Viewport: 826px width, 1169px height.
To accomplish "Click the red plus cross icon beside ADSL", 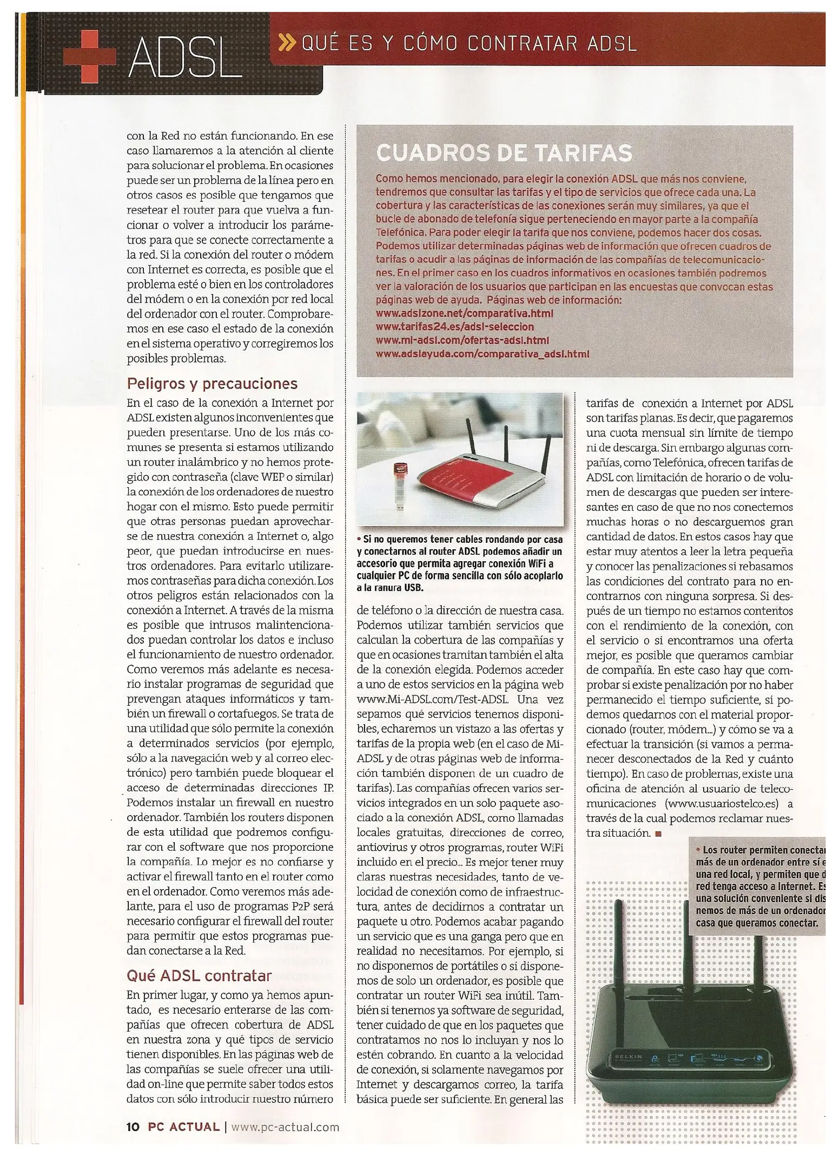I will (89, 56).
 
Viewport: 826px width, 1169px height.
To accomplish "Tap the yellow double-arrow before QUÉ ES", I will (288, 43).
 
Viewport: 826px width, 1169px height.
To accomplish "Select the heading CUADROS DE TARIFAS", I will (504, 153).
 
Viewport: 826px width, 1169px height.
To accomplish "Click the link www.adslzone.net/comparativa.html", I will (465, 313).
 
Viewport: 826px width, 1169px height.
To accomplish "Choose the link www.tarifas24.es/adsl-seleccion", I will (454, 327).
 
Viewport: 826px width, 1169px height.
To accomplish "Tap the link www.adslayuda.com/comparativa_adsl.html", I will (482, 354).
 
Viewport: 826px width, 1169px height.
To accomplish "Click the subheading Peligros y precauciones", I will (212, 384).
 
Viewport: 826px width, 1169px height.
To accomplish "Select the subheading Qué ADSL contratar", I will (199, 976).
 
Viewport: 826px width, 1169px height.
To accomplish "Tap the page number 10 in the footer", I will (133, 1127).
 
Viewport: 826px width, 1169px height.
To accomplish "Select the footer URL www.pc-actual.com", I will (285, 1127).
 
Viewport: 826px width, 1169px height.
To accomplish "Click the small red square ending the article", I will (658, 833).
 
